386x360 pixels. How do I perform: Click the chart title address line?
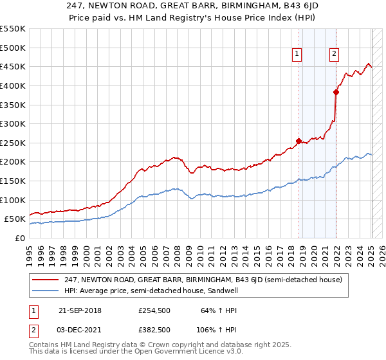tap(193, 6)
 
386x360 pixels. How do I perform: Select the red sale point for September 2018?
tap(299, 141)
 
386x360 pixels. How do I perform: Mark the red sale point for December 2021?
tap(336, 92)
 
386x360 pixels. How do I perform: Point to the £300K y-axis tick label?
tap(13, 123)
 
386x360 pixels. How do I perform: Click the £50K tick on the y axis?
tap(15, 219)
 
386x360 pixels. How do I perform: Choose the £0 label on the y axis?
tap(21, 238)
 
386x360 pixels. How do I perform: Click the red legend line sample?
tap(46, 279)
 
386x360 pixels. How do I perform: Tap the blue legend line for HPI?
tap(46, 290)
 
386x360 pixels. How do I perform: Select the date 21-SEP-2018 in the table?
tap(80, 310)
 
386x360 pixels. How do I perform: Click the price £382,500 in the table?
tap(154, 329)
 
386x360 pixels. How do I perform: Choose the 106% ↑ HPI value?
tap(217, 329)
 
